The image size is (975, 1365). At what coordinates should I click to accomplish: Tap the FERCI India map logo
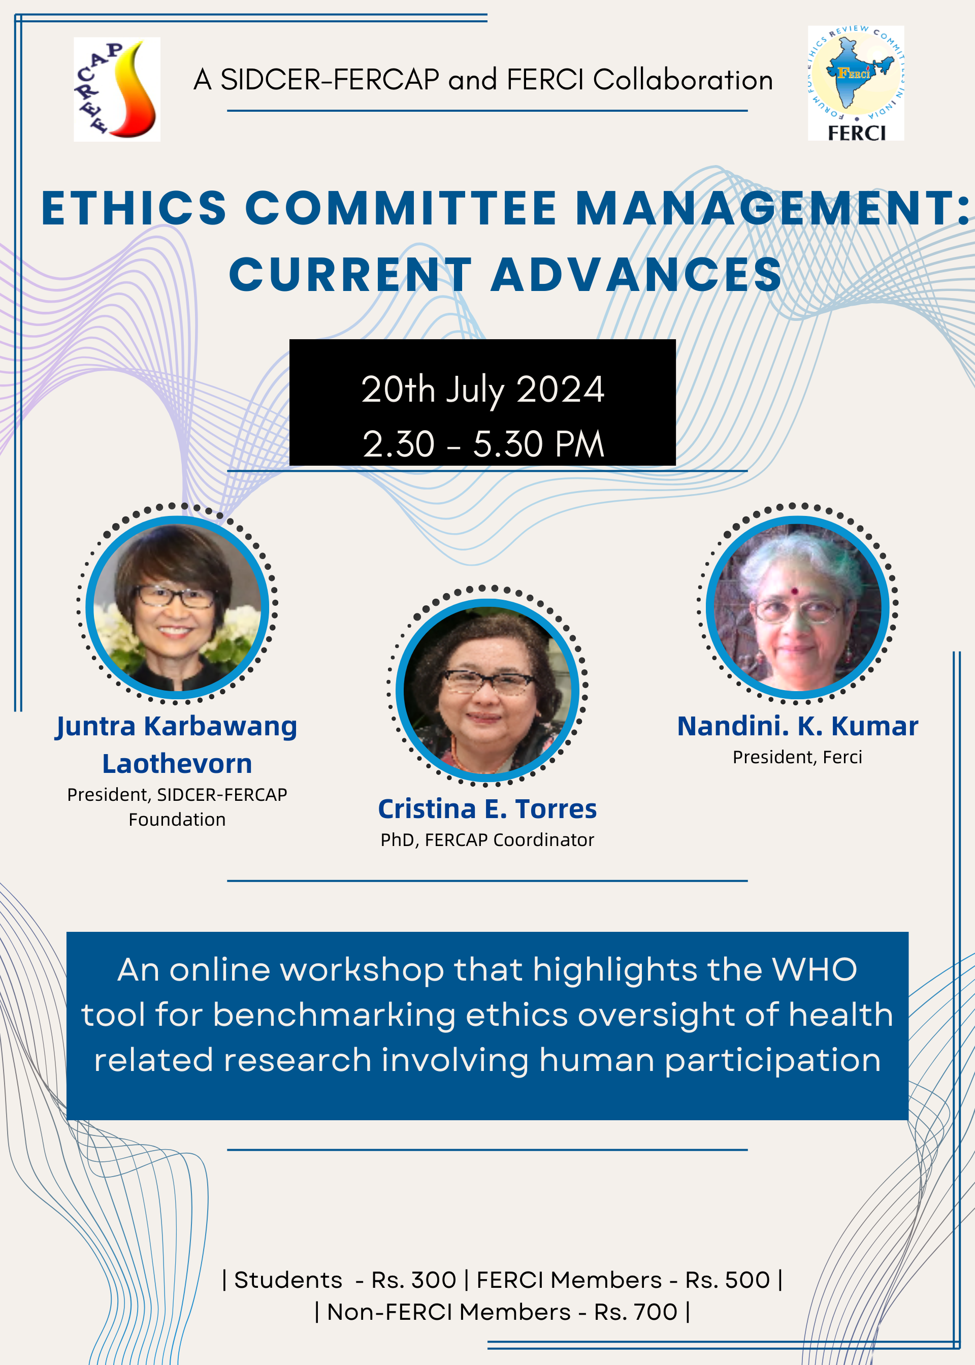(x=856, y=83)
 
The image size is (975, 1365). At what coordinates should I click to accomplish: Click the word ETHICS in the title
(x=134, y=208)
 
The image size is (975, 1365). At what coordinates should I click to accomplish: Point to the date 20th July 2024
(x=483, y=389)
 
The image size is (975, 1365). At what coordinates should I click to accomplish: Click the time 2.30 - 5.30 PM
(x=483, y=444)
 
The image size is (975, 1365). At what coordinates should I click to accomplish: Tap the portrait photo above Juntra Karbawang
(x=177, y=607)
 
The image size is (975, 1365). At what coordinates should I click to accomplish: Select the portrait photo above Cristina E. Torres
(x=487, y=690)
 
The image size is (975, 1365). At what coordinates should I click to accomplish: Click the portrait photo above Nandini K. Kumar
(x=797, y=607)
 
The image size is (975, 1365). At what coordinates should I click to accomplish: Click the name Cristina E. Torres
(x=487, y=808)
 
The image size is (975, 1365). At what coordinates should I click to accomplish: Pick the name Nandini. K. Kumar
(x=797, y=726)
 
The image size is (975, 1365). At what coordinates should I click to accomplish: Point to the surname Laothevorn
(x=177, y=764)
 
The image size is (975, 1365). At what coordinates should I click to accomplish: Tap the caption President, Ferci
(x=797, y=757)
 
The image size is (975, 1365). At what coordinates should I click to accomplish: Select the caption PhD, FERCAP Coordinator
(x=487, y=840)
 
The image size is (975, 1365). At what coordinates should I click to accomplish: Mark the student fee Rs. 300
(x=414, y=1280)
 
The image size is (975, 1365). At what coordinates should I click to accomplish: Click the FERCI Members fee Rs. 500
(x=728, y=1280)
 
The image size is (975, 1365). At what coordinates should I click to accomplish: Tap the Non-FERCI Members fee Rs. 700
(x=636, y=1312)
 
